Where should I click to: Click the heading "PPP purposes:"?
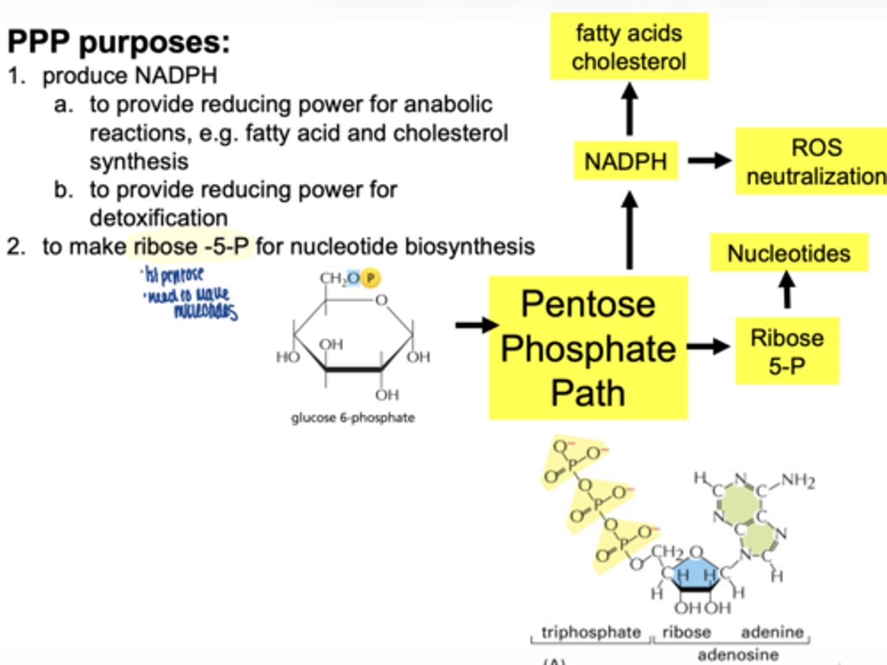pyautogui.click(x=118, y=42)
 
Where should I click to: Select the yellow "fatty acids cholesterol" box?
pyautogui.click(x=629, y=47)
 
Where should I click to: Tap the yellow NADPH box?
pyautogui.click(x=626, y=161)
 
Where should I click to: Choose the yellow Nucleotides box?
pyautogui.click(x=788, y=253)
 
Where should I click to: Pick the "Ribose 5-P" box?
pyautogui.click(x=787, y=352)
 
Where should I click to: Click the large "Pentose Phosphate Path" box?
pyautogui.click(x=588, y=349)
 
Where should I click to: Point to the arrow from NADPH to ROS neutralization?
pyautogui.click(x=708, y=161)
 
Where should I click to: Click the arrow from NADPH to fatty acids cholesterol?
pyautogui.click(x=629, y=110)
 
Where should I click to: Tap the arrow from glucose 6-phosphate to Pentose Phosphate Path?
pyautogui.click(x=476, y=324)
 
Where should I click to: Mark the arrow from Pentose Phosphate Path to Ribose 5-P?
pyautogui.click(x=708, y=346)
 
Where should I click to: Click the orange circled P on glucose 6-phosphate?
pyautogui.click(x=370, y=278)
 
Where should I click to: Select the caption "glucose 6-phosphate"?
pyautogui.click(x=352, y=417)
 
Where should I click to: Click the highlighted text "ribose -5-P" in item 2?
pyautogui.click(x=191, y=246)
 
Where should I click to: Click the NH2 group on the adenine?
pyautogui.click(x=798, y=480)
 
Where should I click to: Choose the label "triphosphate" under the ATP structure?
pyautogui.click(x=591, y=632)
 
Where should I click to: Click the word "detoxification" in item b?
pyautogui.click(x=158, y=218)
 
